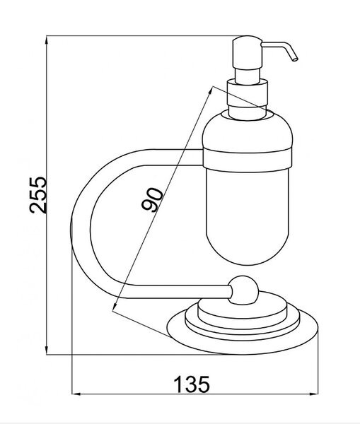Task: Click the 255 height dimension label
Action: click(x=38, y=195)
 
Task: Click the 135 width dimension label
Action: click(x=192, y=384)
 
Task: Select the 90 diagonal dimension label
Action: click(x=152, y=199)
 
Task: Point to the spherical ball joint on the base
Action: click(x=243, y=290)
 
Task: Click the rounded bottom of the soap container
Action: click(x=248, y=243)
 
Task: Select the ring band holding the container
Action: click(x=248, y=160)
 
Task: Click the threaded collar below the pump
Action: click(x=248, y=92)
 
